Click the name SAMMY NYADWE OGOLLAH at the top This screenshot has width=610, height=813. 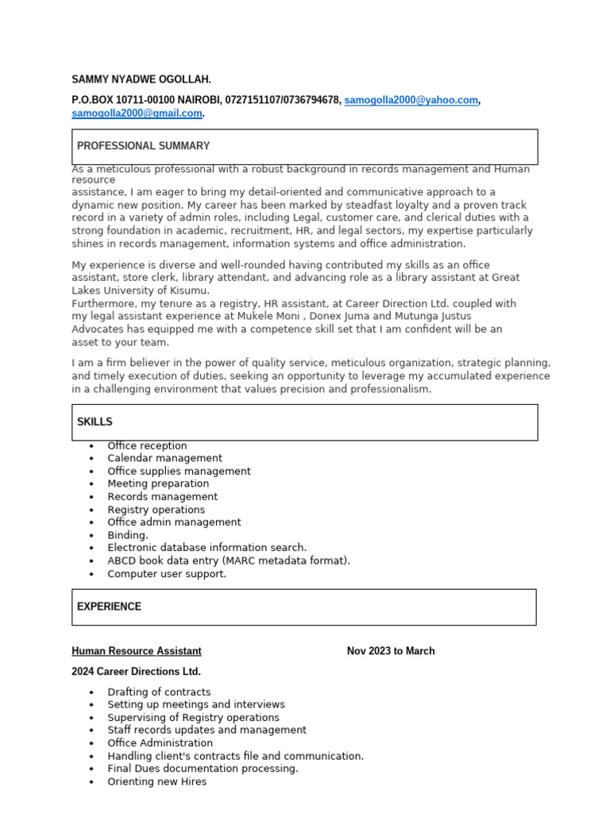pos(141,80)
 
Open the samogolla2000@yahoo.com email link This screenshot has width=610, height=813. pos(411,100)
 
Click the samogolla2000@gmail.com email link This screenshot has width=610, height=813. pos(137,114)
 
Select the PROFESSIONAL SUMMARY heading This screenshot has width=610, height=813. pos(144,146)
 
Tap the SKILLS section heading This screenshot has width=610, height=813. pos(95,422)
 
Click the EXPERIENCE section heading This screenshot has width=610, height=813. pos(109,607)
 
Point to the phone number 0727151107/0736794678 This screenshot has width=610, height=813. pos(282,100)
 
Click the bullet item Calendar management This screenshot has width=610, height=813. pos(164,458)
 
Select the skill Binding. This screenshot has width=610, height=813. pos(128,535)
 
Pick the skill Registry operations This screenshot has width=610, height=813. pos(156,510)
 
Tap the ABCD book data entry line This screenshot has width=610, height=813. pos(228,561)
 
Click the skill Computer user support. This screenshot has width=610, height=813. pos(167,573)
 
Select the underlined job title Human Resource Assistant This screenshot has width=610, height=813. pos(137,651)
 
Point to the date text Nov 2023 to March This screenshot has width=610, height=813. pos(391,651)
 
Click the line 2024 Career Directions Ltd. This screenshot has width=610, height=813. pos(136,672)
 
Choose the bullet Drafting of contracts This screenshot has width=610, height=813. pos(159,692)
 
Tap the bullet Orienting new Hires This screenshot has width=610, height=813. pos(156,781)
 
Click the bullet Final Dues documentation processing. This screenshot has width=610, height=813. pos(203,769)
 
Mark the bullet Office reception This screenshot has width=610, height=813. pos(147,445)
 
